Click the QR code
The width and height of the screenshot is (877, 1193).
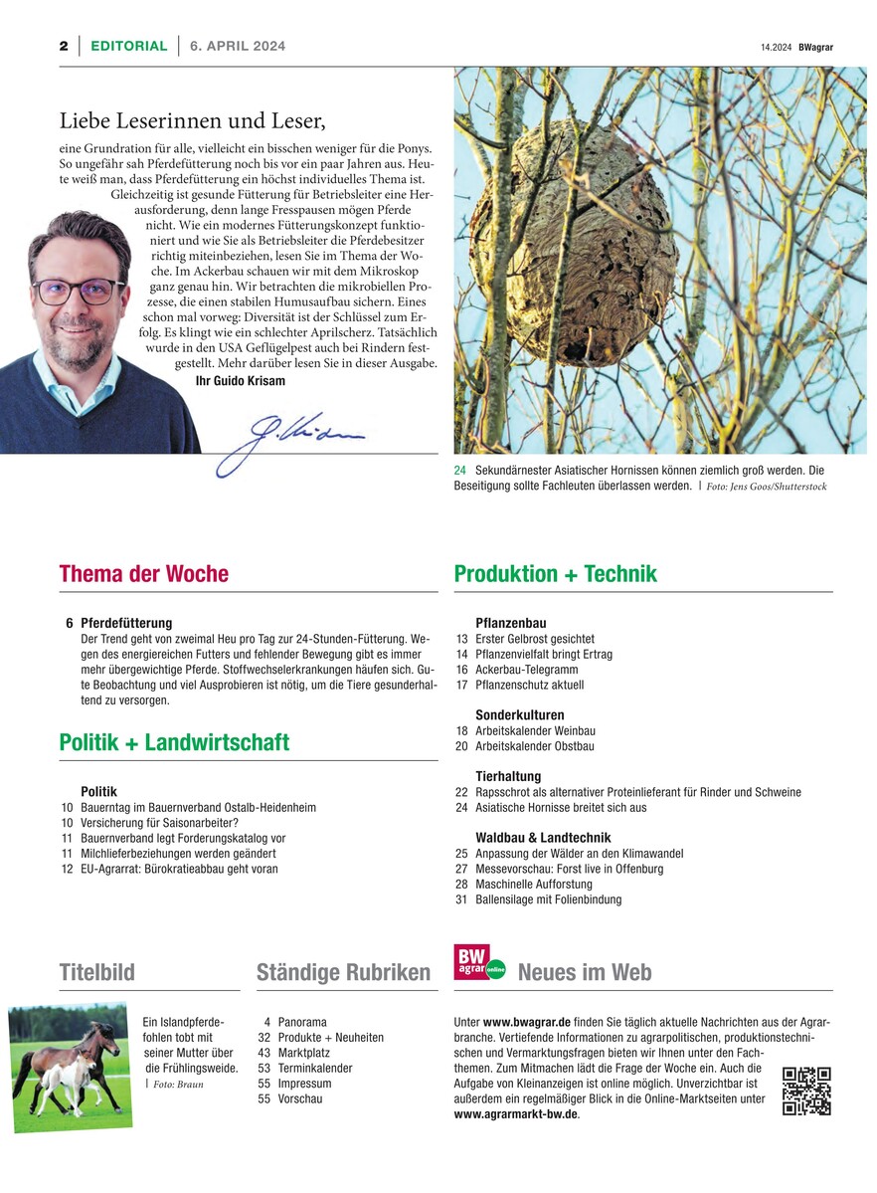tap(806, 1091)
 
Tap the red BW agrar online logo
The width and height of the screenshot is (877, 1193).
tap(479, 963)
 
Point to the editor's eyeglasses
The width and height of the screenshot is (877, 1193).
tap(79, 291)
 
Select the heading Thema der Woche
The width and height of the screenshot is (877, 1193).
tap(144, 574)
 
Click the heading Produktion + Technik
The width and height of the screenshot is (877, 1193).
tap(555, 574)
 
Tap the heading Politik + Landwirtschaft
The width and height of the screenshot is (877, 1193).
tap(174, 742)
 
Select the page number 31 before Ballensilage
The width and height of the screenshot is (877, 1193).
tap(461, 899)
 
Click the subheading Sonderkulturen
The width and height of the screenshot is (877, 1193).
tap(520, 714)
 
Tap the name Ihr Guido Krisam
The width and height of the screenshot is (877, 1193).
tap(240, 381)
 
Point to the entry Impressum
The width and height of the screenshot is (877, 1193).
tap(304, 1084)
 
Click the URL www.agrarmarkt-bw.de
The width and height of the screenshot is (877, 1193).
tap(515, 1114)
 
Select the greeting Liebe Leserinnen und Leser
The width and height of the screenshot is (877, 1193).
tap(193, 121)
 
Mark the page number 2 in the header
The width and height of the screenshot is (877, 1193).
tap(63, 46)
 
